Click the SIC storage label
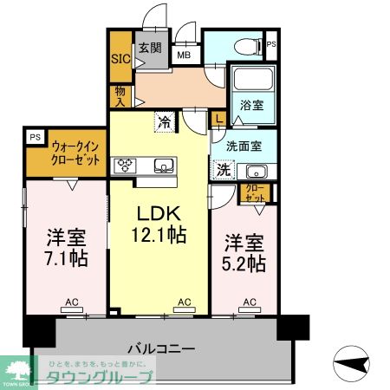coord(119,60)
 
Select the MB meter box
coord(185,55)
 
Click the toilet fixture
coord(245,44)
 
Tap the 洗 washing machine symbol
coord(224,169)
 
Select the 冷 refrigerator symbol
coord(163,122)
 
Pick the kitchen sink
coord(163,165)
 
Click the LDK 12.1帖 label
coord(158,222)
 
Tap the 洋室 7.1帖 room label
coord(66,246)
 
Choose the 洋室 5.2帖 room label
coord(245,253)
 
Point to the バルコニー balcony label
coord(161,349)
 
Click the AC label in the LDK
coord(184,302)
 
